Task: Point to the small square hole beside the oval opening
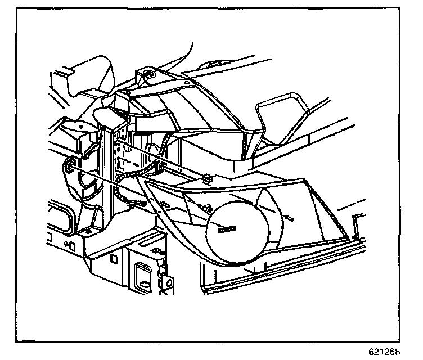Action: [72, 245]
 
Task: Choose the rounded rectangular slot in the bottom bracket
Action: [143, 275]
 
